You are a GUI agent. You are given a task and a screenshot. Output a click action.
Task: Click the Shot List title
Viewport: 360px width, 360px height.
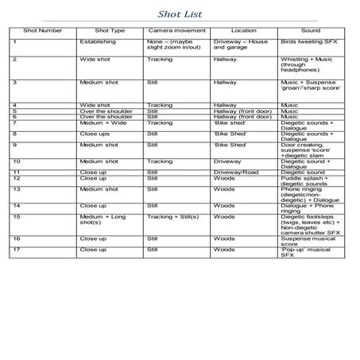(180, 12)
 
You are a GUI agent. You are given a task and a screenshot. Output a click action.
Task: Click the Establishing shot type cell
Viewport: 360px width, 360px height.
(98, 41)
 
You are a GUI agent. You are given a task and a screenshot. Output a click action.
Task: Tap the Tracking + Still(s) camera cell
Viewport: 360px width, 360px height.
(175, 216)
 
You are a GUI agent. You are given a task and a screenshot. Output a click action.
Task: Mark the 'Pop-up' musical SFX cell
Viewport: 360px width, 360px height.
(305, 253)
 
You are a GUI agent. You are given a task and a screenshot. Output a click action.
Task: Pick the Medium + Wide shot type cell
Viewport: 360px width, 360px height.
(103, 122)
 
